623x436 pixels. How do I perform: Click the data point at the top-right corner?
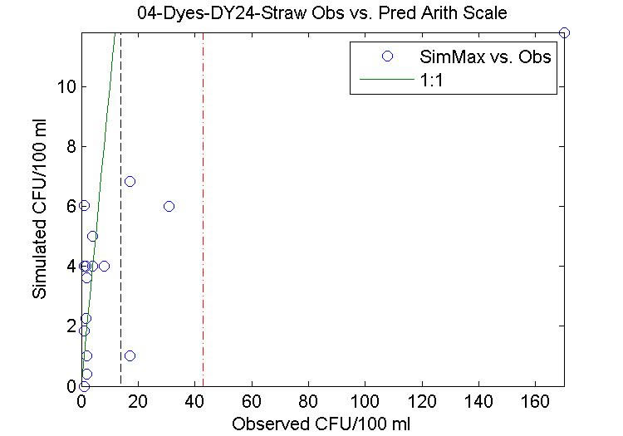[x=564, y=32]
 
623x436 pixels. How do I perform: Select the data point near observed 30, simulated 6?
[x=169, y=206]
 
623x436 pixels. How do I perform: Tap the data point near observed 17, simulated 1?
[x=130, y=355]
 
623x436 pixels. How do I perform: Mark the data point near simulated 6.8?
[x=130, y=181]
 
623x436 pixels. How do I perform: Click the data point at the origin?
[x=84, y=385]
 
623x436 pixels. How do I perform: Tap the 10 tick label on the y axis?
[x=68, y=86]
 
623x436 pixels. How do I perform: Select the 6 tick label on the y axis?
[x=72, y=206]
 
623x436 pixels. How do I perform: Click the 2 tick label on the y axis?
[x=72, y=326]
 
